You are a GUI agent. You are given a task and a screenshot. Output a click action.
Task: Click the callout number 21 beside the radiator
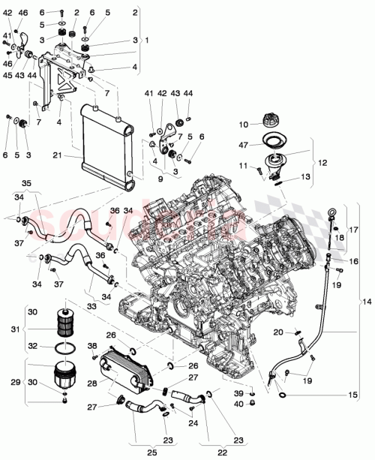pos(56,155)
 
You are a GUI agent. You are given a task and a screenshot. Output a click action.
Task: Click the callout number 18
pos(340,237)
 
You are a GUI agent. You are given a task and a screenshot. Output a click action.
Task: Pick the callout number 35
pos(27,182)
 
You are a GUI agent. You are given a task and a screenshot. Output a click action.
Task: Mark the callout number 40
pos(258,404)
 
